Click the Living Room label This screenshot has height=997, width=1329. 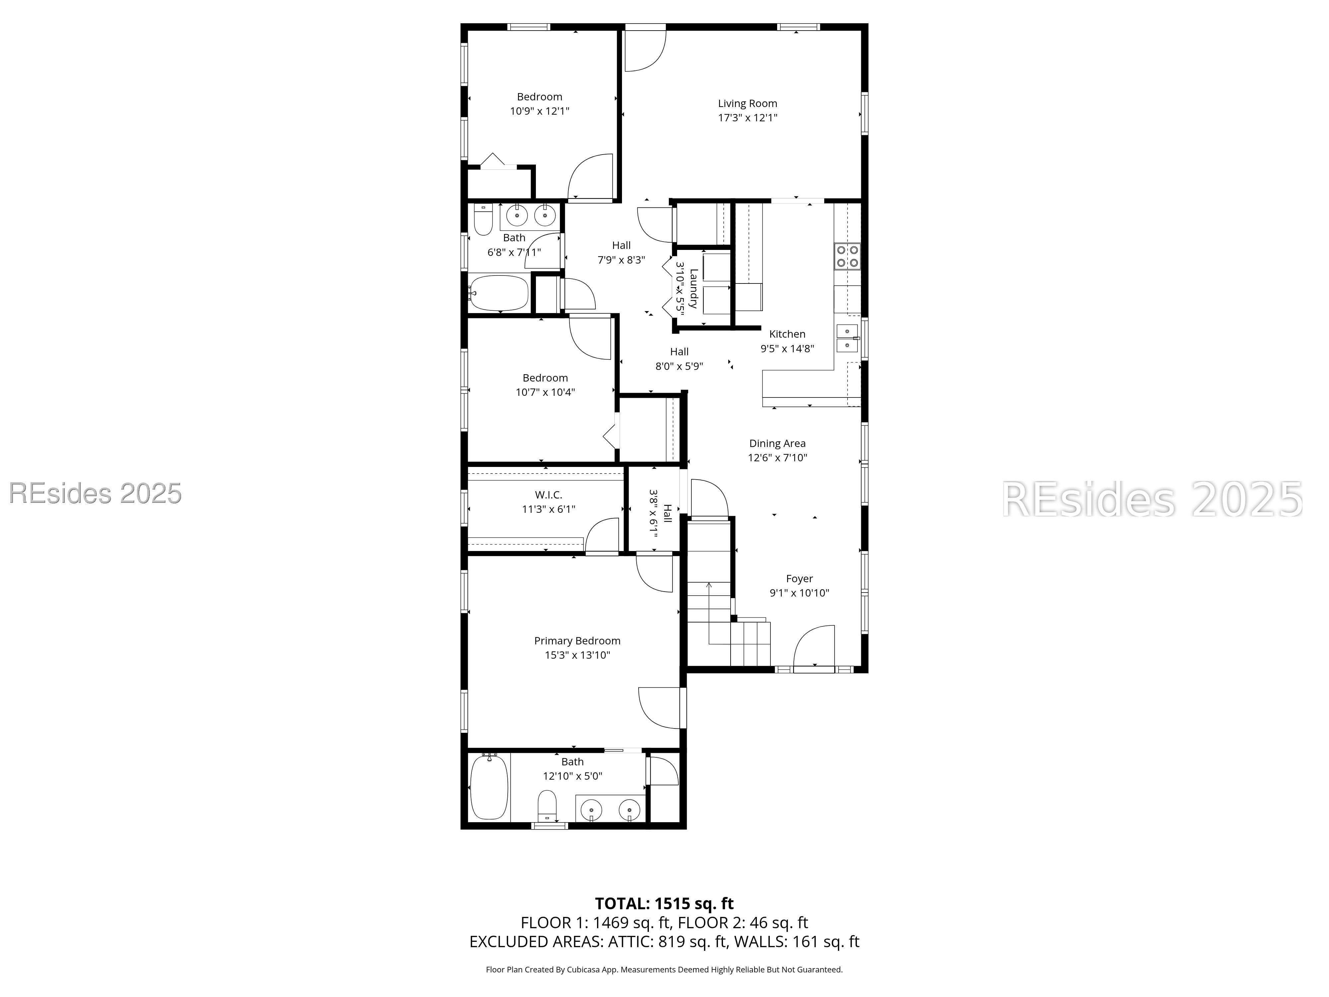(x=748, y=103)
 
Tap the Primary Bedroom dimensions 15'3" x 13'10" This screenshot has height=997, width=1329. (x=577, y=655)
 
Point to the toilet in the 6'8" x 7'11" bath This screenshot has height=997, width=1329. (x=483, y=219)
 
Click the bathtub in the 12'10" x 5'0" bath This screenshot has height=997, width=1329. (x=489, y=787)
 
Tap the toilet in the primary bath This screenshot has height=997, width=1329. (x=547, y=805)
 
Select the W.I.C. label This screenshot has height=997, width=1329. (x=549, y=495)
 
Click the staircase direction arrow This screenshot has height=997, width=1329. (x=709, y=613)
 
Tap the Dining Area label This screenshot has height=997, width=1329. (x=777, y=444)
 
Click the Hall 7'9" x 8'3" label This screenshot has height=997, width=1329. (x=621, y=252)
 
